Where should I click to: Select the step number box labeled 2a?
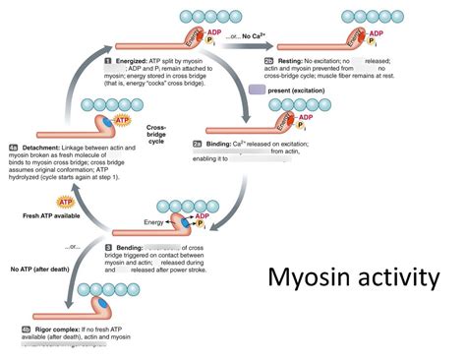coord(211,141)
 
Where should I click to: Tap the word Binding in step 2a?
coord(236,141)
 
